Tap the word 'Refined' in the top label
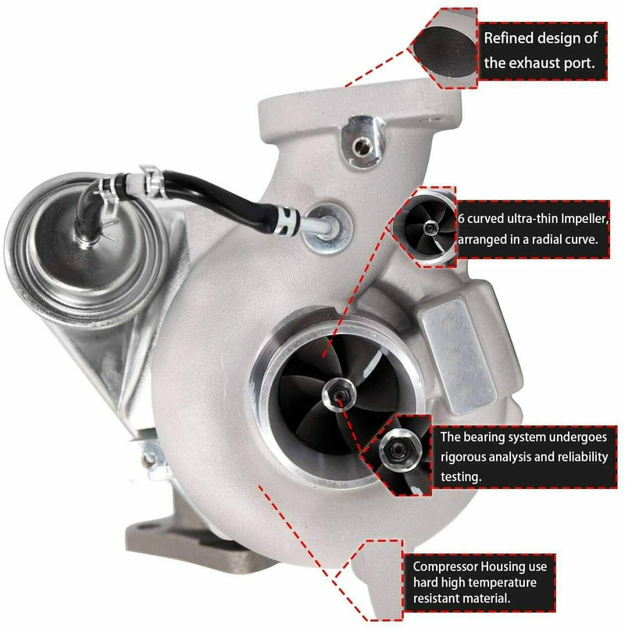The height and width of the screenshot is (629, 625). (x=508, y=38)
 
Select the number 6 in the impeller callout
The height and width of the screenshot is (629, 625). (x=462, y=219)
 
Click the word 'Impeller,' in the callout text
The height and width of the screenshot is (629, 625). (x=584, y=219)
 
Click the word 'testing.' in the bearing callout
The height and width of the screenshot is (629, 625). (x=461, y=476)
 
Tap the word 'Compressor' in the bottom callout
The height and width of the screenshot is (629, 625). (x=445, y=567)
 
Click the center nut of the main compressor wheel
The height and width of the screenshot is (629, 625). (x=339, y=395)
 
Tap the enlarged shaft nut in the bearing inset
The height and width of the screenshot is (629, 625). (x=398, y=449)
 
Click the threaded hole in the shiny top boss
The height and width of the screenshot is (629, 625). (x=362, y=146)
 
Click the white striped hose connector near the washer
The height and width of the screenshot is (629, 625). (x=290, y=220)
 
